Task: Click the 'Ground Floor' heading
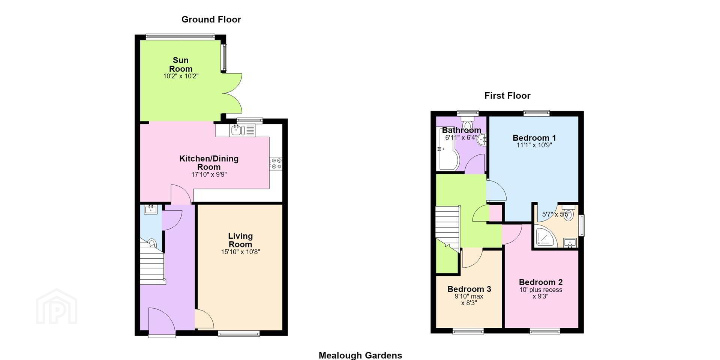click(x=211, y=19)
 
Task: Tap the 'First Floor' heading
click(x=507, y=96)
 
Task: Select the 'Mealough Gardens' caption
click(x=360, y=355)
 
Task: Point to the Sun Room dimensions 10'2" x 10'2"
click(x=181, y=76)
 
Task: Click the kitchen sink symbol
click(x=238, y=130)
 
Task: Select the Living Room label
click(x=240, y=240)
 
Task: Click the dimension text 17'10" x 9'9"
click(x=209, y=174)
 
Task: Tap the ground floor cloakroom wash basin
click(x=151, y=209)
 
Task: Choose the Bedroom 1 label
click(x=534, y=138)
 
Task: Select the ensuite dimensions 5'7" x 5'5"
click(x=556, y=215)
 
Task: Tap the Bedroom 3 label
click(x=469, y=289)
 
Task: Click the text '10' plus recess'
click(x=541, y=290)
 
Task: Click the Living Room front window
click(x=239, y=333)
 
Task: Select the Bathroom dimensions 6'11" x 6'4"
click(x=461, y=138)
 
